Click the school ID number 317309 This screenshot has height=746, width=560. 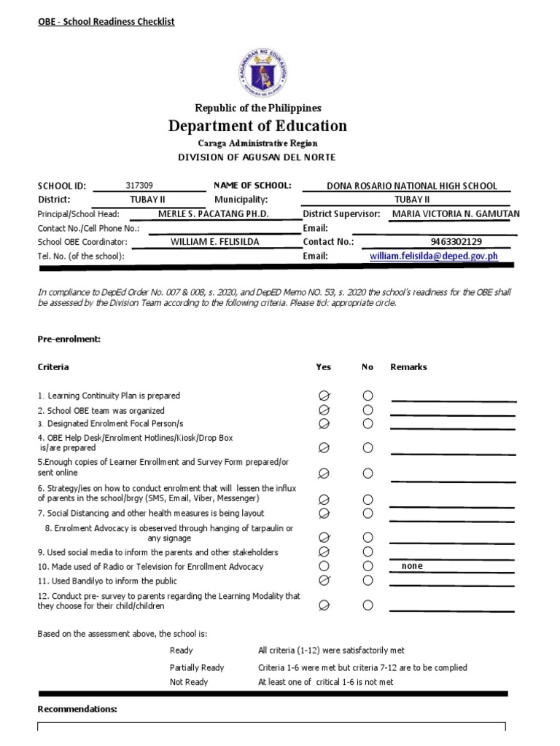coord(139,186)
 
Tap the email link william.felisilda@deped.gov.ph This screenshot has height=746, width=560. coord(433,256)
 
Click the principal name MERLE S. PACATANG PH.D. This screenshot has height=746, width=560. coord(214,213)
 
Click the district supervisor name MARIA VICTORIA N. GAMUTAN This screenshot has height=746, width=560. coord(456,213)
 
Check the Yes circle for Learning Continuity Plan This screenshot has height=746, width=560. coord(324,396)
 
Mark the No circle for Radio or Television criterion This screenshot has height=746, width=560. coord(367,567)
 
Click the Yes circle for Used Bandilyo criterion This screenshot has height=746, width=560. coord(324,581)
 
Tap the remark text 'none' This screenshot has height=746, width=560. coord(412,566)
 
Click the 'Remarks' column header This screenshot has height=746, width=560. coord(409,367)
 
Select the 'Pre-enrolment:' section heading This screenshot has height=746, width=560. coord(69,339)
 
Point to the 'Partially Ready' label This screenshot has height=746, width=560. coord(197,667)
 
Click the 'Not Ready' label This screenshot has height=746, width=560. coord(189,682)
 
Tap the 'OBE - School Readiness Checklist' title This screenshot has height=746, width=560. coord(106,22)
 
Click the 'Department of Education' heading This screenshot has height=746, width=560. coord(258,126)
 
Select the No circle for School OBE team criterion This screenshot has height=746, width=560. coord(367,410)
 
